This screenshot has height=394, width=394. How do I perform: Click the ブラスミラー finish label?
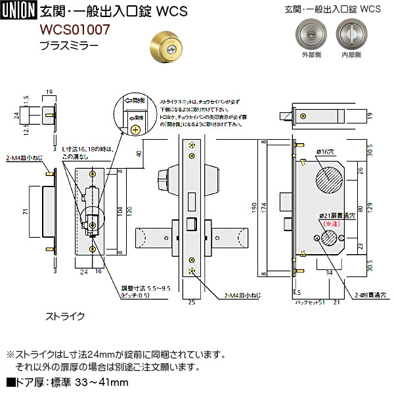click(x=69, y=45)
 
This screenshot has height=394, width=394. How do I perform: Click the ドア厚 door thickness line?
click(x=66, y=382)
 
